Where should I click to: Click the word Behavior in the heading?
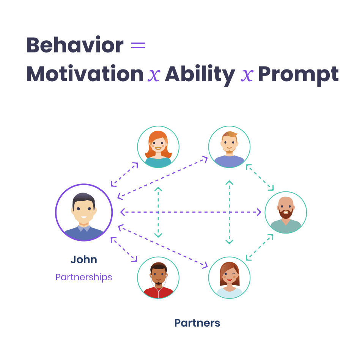click(75, 46)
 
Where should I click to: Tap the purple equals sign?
click(138, 46)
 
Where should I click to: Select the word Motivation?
click(85, 74)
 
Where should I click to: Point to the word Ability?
click(200, 74)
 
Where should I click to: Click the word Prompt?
click(298, 74)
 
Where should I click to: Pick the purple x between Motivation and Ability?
click(154, 75)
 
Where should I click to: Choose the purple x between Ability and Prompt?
click(247, 75)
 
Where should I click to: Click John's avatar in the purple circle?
click(84, 213)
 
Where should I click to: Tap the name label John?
click(84, 260)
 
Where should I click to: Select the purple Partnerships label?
click(84, 277)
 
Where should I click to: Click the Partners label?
click(197, 323)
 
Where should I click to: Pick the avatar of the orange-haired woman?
click(158, 147)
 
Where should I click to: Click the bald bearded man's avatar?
click(286, 212)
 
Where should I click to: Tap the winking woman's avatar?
click(229, 278)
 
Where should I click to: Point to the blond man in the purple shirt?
click(229, 147)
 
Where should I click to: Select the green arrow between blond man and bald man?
click(260, 177)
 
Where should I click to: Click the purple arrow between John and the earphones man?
click(124, 249)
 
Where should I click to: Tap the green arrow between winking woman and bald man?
click(260, 247)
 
